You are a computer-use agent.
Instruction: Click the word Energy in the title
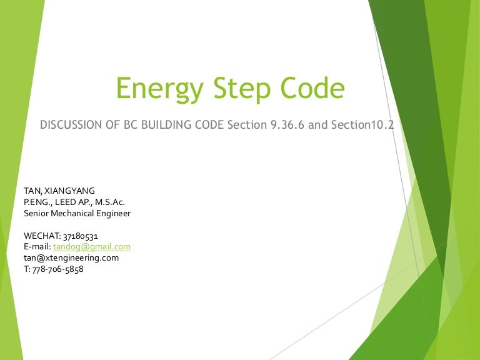156,89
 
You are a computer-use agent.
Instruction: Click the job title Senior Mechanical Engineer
77,213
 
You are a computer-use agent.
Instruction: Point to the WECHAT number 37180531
79,236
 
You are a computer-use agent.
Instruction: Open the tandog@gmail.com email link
92,247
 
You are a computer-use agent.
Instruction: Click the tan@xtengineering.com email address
71,257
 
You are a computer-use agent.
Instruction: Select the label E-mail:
36,247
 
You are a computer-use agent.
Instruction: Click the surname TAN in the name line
32,191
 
